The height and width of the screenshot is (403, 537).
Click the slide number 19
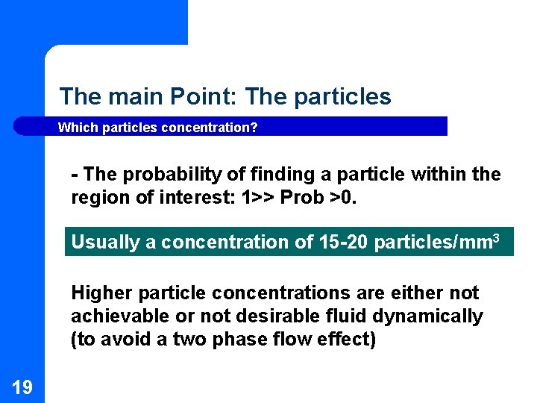[x=22, y=387]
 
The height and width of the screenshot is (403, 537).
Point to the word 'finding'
[x=280, y=175]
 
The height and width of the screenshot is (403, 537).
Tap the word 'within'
[x=436, y=175]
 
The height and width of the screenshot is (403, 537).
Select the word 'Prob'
[x=301, y=198]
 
